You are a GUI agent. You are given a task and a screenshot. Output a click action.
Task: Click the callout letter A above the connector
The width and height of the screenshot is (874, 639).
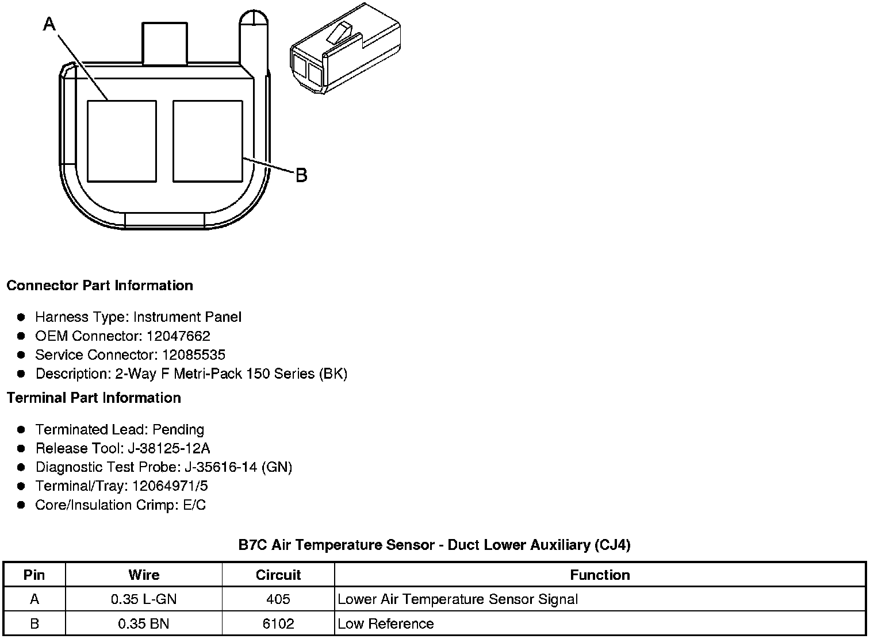pyautogui.click(x=49, y=24)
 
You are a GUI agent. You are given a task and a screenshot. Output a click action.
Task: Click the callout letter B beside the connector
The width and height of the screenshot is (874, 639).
pyautogui.click(x=301, y=175)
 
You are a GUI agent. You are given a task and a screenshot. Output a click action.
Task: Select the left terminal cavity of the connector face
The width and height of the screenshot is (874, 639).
pyautogui.click(x=122, y=141)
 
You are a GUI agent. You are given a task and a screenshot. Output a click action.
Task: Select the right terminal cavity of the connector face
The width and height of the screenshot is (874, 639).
pyautogui.click(x=208, y=141)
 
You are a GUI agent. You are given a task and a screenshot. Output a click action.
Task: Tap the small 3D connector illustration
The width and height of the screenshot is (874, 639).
pyautogui.click(x=346, y=48)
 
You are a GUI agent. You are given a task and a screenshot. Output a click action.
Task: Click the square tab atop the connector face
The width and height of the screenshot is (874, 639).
pyautogui.click(x=164, y=43)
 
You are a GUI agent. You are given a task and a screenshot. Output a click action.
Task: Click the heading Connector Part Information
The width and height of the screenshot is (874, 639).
pyautogui.click(x=100, y=286)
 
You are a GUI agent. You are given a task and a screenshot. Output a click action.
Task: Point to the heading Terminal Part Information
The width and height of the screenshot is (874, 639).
pyautogui.click(x=94, y=398)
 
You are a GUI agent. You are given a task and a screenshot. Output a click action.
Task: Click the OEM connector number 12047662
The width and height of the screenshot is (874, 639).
pyautogui.click(x=178, y=336)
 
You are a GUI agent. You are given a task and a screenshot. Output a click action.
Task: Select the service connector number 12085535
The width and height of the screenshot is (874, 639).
pyautogui.click(x=194, y=355)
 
